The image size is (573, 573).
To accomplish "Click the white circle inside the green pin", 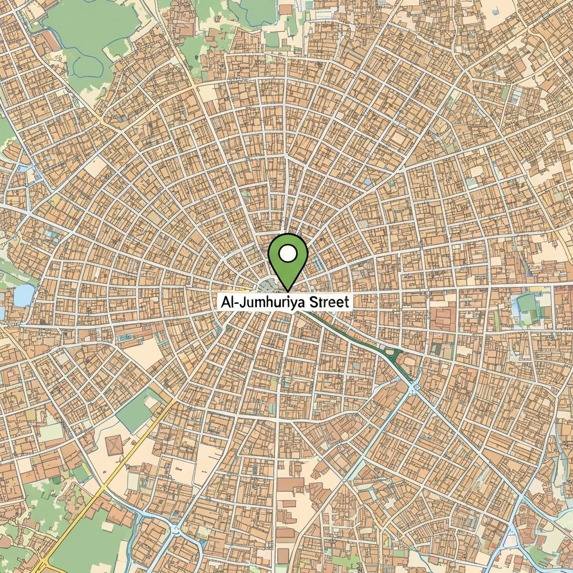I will (x=288, y=254).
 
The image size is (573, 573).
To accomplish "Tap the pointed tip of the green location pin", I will (x=288, y=290).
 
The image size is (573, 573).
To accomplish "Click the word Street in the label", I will (x=326, y=302).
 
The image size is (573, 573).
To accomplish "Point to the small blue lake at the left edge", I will (x=24, y=295).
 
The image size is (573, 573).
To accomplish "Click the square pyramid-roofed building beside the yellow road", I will (x=114, y=445).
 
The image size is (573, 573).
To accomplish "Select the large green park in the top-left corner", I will (x=90, y=34).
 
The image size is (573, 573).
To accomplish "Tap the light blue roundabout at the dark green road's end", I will (x=414, y=386).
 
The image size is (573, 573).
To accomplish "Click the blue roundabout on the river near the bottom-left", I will (x=176, y=529).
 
